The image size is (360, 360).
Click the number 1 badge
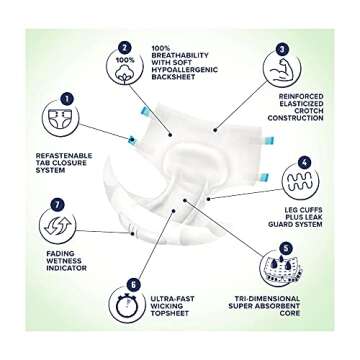(x=66, y=99)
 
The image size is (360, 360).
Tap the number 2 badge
(x=124, y=46)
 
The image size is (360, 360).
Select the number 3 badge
(x=283, y=47)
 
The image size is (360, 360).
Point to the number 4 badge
(x=304, y=162)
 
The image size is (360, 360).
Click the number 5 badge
(x=287, y=247)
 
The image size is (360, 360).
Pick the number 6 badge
(x=133, y=285)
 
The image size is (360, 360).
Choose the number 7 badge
(x=56, y=204)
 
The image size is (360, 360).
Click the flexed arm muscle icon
(x=284, y=69)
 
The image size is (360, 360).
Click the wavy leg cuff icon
(x=300, y=183)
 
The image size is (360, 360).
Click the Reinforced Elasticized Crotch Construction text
(x=296, y=106)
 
